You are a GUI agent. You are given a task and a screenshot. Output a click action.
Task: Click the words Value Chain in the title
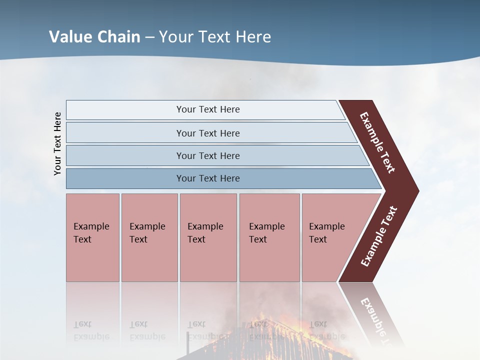(x=95, y=37)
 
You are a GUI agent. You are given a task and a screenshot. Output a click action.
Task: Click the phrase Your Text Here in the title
(x=215, y=37)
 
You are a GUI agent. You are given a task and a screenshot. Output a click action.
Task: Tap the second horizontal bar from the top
(x=207, y=133)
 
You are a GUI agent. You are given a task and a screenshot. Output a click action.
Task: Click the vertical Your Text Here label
(x=57, y=143)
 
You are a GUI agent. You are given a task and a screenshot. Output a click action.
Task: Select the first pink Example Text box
(x=92, y=237)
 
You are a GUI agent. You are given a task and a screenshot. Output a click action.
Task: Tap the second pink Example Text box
(x=149, y=237)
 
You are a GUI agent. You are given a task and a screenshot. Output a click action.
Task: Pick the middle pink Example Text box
(x=208, y=237)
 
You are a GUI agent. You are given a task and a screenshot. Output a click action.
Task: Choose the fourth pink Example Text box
(x=269, y=237)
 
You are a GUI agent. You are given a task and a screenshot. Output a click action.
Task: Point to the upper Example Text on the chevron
(x=377, y=142)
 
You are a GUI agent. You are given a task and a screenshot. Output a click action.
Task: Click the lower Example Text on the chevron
(x=379, y=236)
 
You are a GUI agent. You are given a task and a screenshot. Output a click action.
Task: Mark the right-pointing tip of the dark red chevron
(x=417, y=191)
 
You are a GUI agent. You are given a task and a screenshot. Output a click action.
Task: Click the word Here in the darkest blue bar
(x=230, y=178)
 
